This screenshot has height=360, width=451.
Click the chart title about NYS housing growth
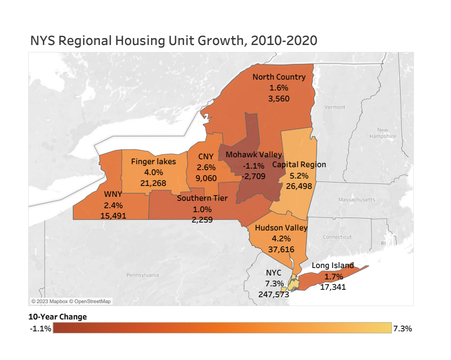(173, 41)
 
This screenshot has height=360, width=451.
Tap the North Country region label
(279, 77)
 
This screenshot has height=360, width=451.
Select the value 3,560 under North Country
(279, 98)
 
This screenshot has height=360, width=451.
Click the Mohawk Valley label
(253, 155)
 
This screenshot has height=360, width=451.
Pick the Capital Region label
(299, 164)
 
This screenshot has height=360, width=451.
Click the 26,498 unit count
(299, 186)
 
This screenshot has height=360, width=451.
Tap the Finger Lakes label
(153, 162)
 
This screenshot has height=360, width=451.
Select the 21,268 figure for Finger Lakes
(153, 183)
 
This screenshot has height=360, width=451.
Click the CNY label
(205, 157)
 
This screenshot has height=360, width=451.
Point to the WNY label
(113, 194)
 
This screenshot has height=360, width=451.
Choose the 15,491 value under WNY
(113, 216)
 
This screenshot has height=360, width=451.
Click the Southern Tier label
(202, 199)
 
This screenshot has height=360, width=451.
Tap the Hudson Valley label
(281, 228)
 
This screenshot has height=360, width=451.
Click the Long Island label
(332, 266)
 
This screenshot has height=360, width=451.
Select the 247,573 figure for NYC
(273, 294)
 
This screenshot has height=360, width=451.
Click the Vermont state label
(335, 107)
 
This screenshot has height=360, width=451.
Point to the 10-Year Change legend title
(57, 316)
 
